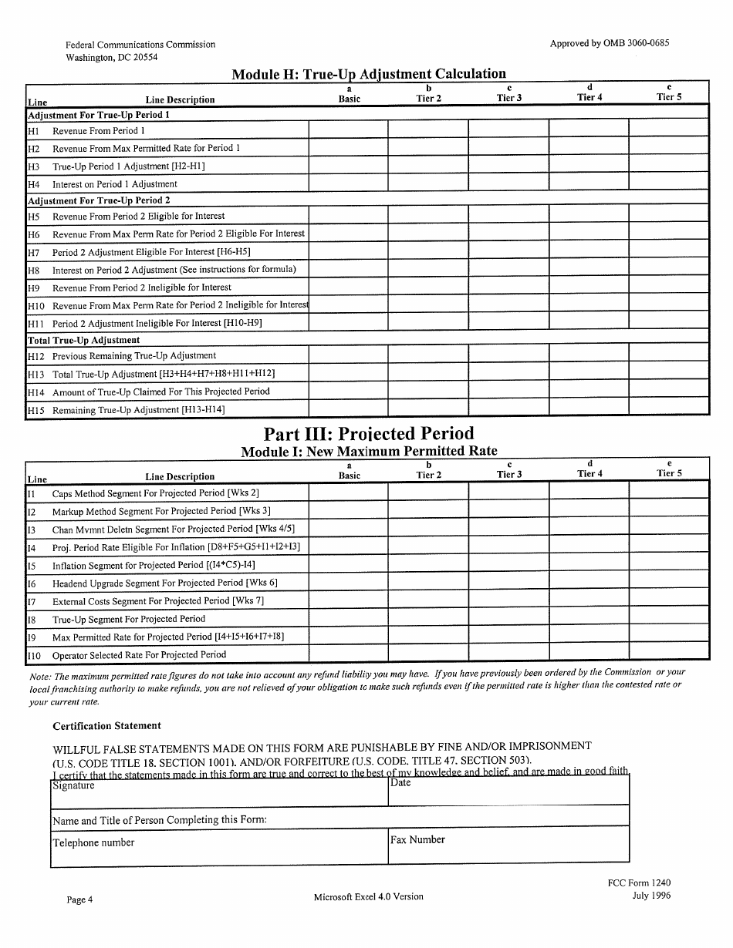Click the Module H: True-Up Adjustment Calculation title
[369, 74]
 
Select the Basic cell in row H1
[348, 130]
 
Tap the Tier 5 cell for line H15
[668, 409]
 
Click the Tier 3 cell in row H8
[508, 269]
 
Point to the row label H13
[36, 375]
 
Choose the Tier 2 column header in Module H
[428, 93]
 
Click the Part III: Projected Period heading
[369, 433]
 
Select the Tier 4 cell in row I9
[588, 637]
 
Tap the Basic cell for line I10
[348, 654]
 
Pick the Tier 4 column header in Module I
[589, 469]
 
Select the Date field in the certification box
[508, 791]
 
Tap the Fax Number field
[508, 845]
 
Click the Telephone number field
[219, 845]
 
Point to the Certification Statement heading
[106, 726]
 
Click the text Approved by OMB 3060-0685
[609, 43]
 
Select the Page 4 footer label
[79, 899]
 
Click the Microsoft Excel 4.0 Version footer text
[368, 896]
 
